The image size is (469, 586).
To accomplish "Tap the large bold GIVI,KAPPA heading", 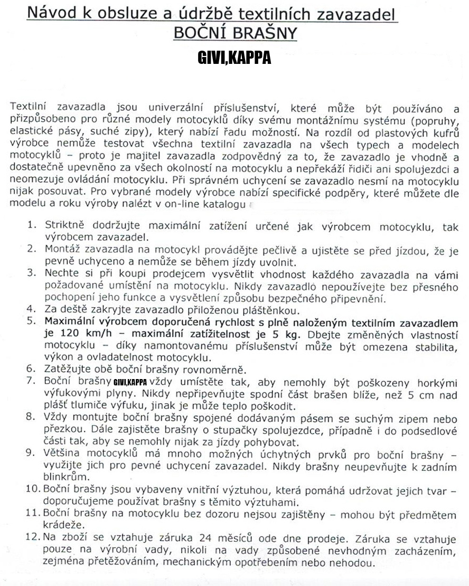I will pyautogui.click(x=234, y=57).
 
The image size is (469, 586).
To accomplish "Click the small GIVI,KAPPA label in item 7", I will pyautogui.click(x=130, y=382).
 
